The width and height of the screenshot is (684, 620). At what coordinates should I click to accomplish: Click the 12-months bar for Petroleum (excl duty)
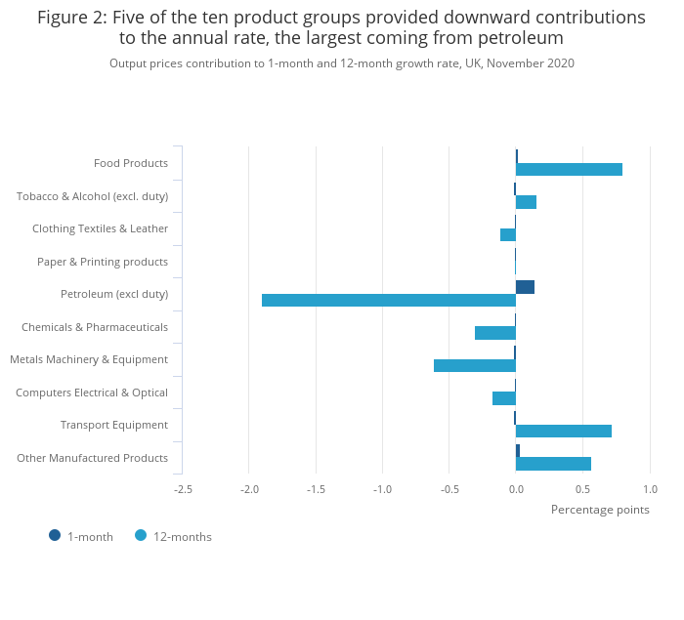point(389,300)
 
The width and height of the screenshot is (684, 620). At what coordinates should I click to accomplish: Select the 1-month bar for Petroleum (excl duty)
point(525,287)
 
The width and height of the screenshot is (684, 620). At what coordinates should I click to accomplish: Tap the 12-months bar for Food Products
point(569,169)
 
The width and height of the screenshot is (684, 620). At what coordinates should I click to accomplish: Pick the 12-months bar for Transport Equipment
point(564,431)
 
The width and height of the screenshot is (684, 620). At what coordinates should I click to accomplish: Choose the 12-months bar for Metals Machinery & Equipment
point(475,365)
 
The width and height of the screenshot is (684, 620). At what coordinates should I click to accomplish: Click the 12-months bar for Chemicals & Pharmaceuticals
point(495,333)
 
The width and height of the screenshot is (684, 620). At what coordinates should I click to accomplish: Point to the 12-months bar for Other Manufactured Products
point(553,464)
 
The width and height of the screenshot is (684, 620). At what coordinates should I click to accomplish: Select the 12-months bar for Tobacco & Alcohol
point(526,202)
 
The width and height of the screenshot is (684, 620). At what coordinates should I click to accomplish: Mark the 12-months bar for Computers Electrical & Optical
point(504,398)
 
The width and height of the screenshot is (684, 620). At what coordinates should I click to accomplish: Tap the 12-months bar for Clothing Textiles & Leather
point(508,234)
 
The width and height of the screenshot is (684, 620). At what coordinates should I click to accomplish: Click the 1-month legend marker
point(55,535)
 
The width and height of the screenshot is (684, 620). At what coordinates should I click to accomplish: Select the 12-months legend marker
point(141,535)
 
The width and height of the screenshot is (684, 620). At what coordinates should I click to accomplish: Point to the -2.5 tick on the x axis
point(183,489)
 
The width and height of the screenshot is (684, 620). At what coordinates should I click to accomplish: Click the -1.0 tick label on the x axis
point(382,489)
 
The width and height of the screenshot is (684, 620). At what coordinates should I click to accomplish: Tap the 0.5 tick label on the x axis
point(582,489)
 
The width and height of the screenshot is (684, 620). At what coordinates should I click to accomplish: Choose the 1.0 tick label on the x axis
point(650,489)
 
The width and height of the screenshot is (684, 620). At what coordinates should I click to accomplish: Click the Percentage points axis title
point(600,509)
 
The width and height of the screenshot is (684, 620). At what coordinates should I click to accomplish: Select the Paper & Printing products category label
point(103,262)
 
